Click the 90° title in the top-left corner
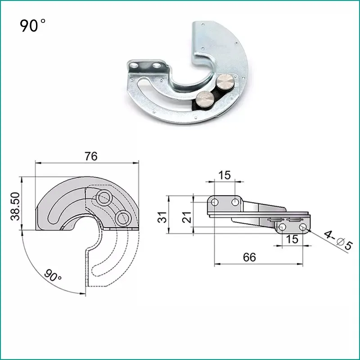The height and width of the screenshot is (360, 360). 32,25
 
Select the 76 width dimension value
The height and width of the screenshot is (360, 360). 91,156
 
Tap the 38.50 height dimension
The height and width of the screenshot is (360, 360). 15,206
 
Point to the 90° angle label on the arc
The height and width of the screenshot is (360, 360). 53,275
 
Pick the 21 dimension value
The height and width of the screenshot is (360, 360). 187,217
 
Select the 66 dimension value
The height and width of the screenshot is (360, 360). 250,257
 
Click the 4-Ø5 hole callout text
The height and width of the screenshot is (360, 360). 338,240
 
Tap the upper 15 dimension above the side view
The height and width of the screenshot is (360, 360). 224,175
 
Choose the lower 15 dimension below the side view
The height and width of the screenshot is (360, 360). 292,239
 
